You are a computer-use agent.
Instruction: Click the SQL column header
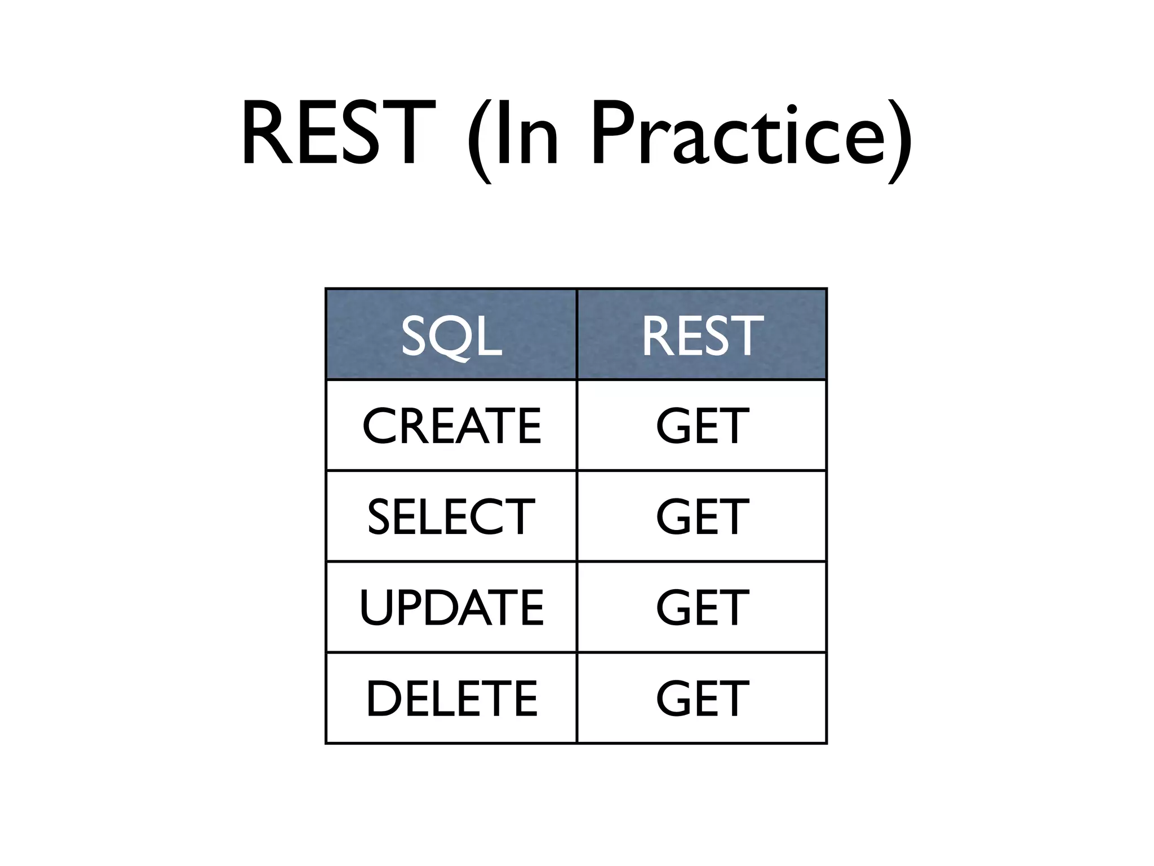(451, 335)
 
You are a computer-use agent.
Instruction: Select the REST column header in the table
(702, 335)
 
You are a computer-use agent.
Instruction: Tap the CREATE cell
(451, 426)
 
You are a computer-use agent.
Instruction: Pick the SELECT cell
(451, 516)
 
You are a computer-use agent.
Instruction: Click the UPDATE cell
(451, 607)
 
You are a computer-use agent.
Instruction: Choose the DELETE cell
(451, 699)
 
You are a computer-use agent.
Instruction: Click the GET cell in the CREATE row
(702, 426)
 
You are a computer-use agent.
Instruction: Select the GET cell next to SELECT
(702, 516)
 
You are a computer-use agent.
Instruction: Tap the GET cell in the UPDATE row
(702, 607)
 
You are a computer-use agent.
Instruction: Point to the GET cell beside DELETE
(702, 699)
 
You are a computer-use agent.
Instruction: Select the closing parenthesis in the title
(900, 141)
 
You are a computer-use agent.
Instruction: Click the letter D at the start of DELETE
(384, 699)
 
